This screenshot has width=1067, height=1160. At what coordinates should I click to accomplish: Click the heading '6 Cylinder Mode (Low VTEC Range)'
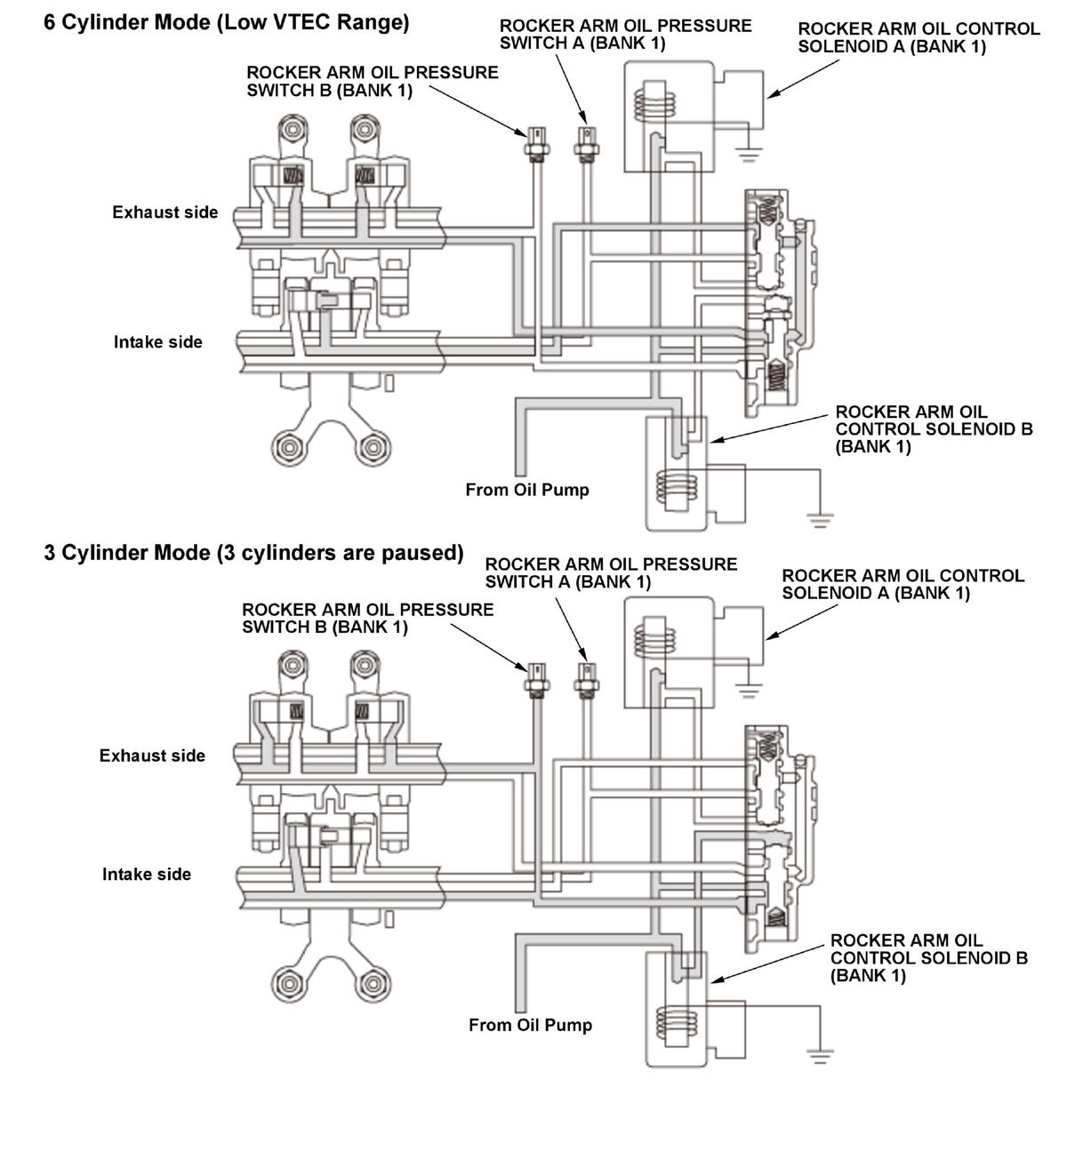point(227,22)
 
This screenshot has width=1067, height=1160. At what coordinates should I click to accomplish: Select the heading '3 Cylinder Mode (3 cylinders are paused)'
point(253,553)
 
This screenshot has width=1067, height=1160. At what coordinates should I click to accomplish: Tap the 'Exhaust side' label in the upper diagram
point(164,212)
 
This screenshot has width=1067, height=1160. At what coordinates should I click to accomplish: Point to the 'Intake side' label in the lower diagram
point(147,875)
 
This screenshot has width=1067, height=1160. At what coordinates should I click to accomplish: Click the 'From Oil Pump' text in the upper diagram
point(527,490)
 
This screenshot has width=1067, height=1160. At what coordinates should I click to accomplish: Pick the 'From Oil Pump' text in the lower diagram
point(530,1025)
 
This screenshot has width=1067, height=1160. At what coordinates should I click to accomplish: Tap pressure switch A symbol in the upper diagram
point(585,143)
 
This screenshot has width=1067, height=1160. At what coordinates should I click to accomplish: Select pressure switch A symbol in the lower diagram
point(586,677)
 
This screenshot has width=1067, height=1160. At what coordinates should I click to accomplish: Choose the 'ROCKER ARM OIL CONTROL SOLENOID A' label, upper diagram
point(918,37)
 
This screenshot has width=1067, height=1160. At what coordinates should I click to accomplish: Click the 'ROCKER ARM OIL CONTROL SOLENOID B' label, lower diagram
point(928,958)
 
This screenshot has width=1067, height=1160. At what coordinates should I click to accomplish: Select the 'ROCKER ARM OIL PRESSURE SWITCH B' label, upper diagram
point(372,81)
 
